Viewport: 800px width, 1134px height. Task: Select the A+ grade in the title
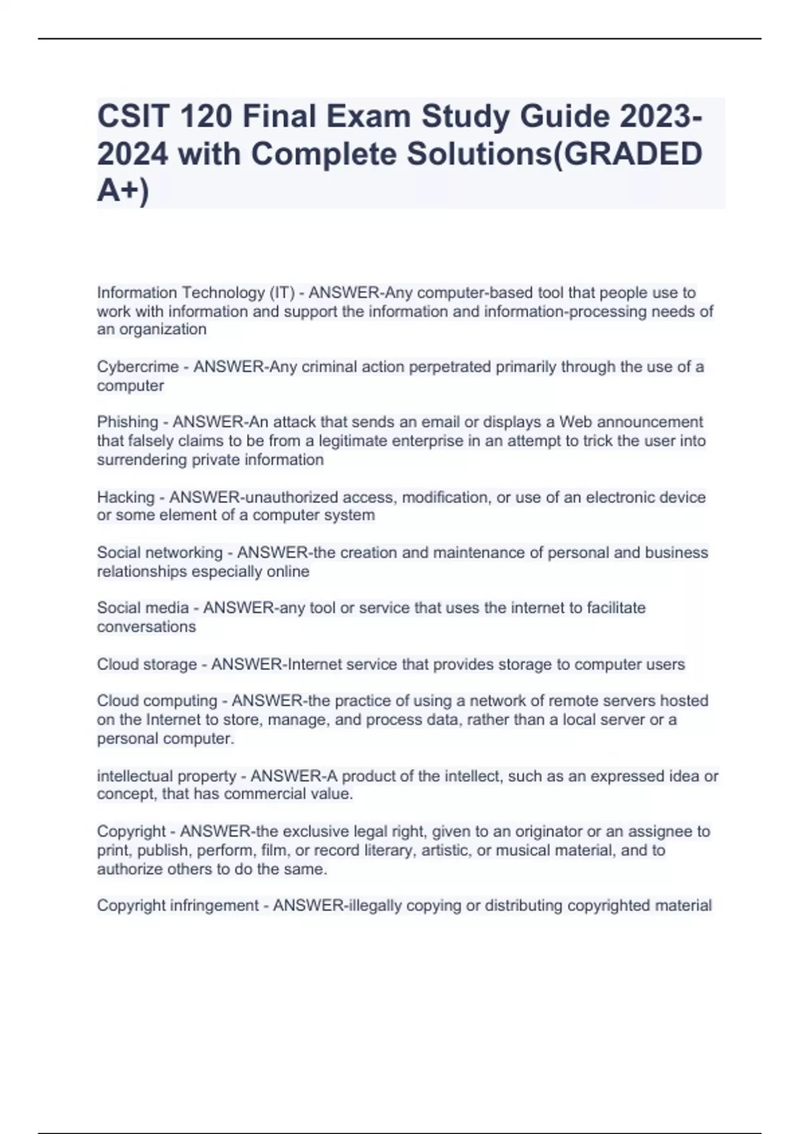119,191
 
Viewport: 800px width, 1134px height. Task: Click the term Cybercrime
137,367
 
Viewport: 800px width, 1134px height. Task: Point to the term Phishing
127,422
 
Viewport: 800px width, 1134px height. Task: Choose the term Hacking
125,498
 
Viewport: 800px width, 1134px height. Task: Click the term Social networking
159,553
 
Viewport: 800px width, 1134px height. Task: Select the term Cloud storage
147,664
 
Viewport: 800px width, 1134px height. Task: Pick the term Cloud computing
157,701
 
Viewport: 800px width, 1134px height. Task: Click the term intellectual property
167,776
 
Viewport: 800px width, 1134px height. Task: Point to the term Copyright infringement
177,906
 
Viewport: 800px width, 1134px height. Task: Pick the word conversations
146,627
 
